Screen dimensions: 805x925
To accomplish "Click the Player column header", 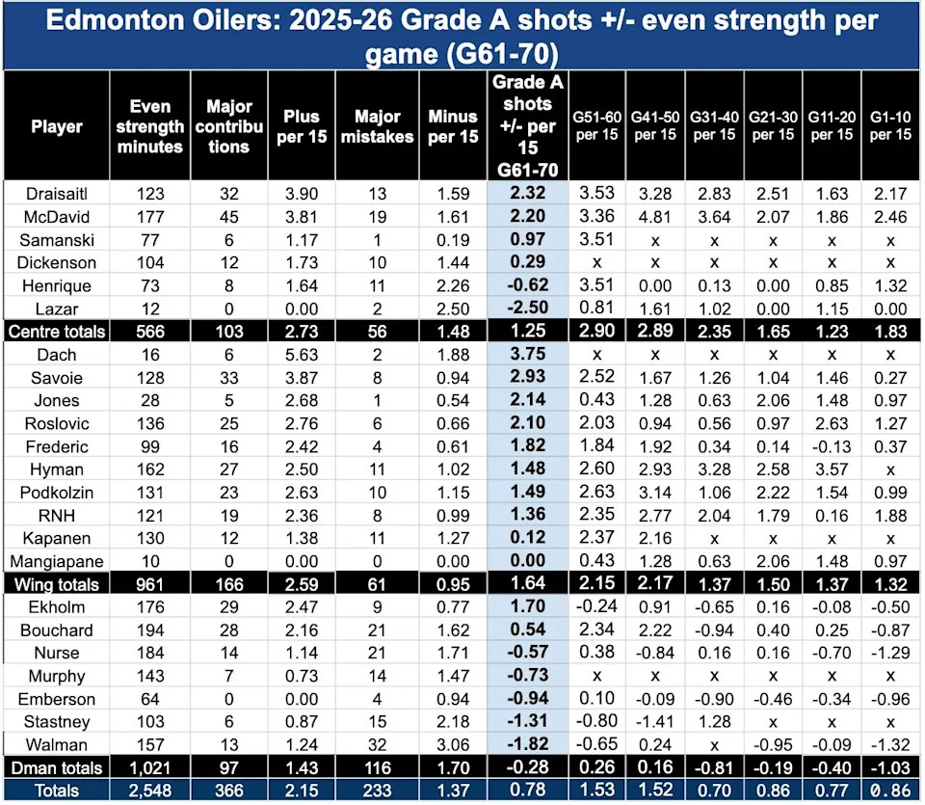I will pyautogui.click(x=57, y=126).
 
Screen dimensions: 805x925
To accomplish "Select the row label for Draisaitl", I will pyautogui.click(x=57, y=194).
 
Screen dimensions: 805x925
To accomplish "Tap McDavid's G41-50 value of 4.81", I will pyautogui.click(x=655, y=217).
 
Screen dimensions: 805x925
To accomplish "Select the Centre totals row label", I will pyautogui.click(x=57, y=331).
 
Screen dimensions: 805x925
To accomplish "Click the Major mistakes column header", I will pyautogui.click(x=370, y=126).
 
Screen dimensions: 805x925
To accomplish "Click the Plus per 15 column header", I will pyautogui.click(x=301, y=126).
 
